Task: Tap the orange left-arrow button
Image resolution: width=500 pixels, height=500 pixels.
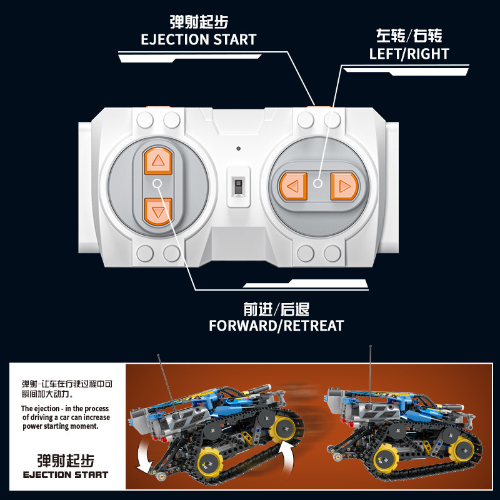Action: (x=293, y=186)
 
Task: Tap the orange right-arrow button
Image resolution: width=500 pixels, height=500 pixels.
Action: (x=344, y=186)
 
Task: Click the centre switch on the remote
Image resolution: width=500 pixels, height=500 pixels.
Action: (x=239, y=187)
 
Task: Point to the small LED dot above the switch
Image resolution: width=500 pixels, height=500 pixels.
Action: (x=239, y=149)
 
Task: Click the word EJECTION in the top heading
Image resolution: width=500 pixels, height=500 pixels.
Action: (x=175, y=39)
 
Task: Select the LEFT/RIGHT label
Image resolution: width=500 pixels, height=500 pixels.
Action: (x=409, y=54)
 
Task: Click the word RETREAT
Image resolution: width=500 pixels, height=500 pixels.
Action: (x=314, y=326)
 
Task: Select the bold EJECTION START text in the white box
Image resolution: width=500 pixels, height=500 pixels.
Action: (x=66, y=475)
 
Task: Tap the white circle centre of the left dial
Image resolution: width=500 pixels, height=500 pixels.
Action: (x=157, y=183)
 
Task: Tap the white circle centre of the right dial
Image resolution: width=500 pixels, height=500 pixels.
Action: (x=317, y=183)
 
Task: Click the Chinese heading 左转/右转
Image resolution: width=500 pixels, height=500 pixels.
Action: (x=409, y=36)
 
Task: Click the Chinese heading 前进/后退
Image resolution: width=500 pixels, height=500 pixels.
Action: (x=276, y=309)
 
